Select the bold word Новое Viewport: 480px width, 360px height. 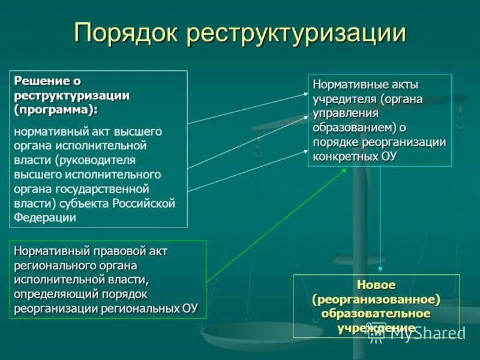pyautogui.click(x=376, y=285)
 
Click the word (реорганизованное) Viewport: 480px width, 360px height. pyautogui.click(x=376, y=299)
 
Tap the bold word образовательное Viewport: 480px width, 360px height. pyautogui.click(x=376, y=314)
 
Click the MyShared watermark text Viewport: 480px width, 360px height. pyautogui.click(x=427, y=334)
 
